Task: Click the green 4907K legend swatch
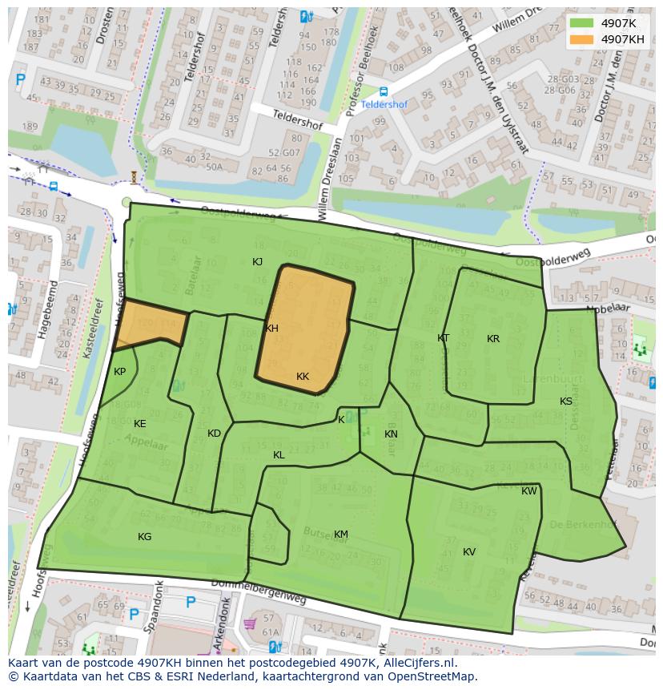(582, 23)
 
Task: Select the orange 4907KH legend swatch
(582, 39)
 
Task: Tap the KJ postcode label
(257, 262)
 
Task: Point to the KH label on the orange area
(271, 329)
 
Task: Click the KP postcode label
(119, 372)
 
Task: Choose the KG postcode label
(144, 537)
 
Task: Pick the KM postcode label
(341, 535)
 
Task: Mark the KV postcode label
(469, 552)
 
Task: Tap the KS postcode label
(566, 401)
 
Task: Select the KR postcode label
(493, 339)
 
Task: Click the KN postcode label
(391, 434)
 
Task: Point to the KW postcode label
(529, 491)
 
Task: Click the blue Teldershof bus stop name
(384, 105)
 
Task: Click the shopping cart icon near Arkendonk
(250, 623)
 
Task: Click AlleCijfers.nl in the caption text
(417, 663)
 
